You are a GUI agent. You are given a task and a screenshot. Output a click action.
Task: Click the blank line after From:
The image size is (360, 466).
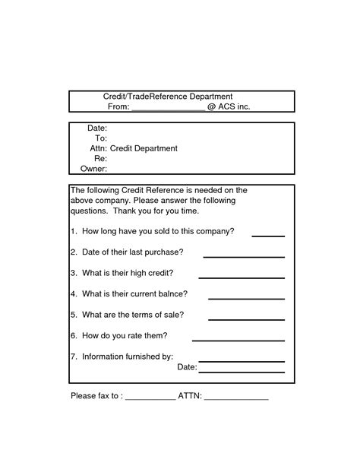click(169, 109)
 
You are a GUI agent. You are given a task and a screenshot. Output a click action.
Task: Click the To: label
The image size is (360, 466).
click(100, 138)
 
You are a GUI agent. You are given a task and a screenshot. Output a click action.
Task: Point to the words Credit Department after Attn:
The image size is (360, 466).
click(144, 148)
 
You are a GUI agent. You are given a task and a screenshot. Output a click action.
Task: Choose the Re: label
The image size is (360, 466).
click(100, 158)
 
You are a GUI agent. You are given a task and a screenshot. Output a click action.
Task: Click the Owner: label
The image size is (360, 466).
click(93, 168)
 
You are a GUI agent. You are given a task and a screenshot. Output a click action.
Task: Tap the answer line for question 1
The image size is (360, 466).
click(268, 236)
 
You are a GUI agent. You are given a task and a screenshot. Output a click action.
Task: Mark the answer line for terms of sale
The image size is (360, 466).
click(246, 319)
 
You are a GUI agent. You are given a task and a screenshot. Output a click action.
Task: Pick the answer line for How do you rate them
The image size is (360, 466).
click(238, 340)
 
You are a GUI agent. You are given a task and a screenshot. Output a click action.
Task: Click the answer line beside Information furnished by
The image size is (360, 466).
click(242, 361)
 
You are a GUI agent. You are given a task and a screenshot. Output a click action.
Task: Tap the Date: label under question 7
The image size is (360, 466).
click(187, 367)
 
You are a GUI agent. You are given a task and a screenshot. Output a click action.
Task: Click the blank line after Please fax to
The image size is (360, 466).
click(150, 399)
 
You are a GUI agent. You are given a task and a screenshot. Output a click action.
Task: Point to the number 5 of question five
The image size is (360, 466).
click(73, 315)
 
